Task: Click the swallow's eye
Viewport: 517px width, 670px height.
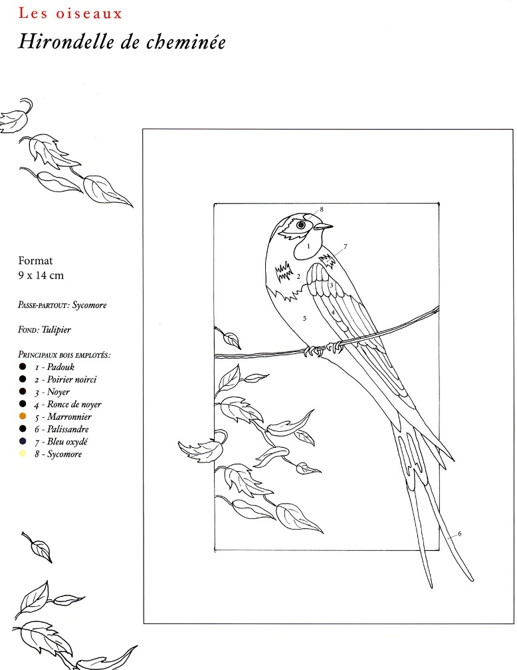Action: [x=301, y=225]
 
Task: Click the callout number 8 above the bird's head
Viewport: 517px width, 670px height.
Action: [x=322, y=210]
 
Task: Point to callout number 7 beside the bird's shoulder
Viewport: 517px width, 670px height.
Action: [x=346, y=246]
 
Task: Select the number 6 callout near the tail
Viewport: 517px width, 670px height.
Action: [x=459, y=533]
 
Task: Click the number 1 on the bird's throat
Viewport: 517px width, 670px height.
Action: [x=308, y=246]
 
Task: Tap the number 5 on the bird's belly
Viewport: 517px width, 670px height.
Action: [x=304, y=318]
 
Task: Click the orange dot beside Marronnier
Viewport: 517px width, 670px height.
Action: [x=23, y=417]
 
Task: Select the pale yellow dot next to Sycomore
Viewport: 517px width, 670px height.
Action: [x=23, y=453]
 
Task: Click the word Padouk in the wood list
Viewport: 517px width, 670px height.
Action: [x=60, y=367]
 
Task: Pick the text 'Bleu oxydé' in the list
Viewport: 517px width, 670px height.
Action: [x=67, y=441]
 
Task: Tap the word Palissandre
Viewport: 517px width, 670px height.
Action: [x=68, y=429]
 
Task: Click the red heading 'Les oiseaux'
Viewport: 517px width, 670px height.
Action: [x=70, y=13]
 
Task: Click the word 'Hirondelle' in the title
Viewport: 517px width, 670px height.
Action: [x=66, y=42]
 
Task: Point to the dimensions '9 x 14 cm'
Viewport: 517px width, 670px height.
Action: [x=41, y=275]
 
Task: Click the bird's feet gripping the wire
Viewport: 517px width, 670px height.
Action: [x=323, y=349]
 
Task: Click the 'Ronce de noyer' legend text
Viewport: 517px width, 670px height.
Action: [x=74, y=405]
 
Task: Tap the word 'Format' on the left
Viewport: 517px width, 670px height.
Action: [x=35, y=261]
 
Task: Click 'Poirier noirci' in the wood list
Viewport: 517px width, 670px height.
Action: [x=72, y=379]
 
